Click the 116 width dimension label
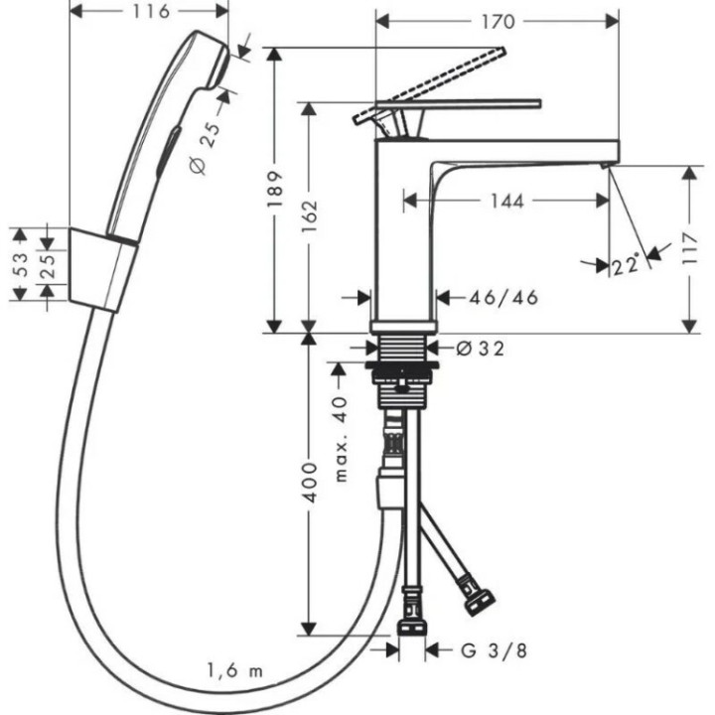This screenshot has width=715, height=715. pos(151,12)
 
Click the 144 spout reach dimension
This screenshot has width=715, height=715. pos(505,202)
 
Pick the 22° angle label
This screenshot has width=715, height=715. pos(625,265)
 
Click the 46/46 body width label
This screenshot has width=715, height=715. pos(492,296)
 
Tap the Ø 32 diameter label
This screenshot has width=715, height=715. pos(480,348)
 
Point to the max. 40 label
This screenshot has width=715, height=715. pos(341,438)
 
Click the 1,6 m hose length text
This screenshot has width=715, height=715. pos(236,670)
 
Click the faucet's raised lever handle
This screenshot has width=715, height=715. pos(437,79)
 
